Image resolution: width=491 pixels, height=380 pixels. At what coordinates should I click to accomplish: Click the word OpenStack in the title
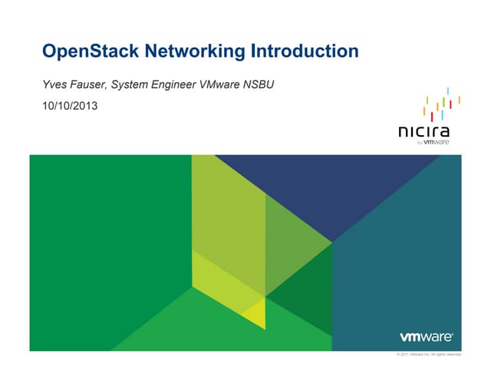click(x=85, y=52)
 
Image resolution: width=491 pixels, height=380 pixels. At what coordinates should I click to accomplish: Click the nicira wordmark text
click(x=424, y=131)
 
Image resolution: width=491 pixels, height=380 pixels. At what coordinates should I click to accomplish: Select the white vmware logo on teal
click(x=427, y=337)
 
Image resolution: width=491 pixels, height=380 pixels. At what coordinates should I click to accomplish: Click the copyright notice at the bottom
click(x=427, y=354)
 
